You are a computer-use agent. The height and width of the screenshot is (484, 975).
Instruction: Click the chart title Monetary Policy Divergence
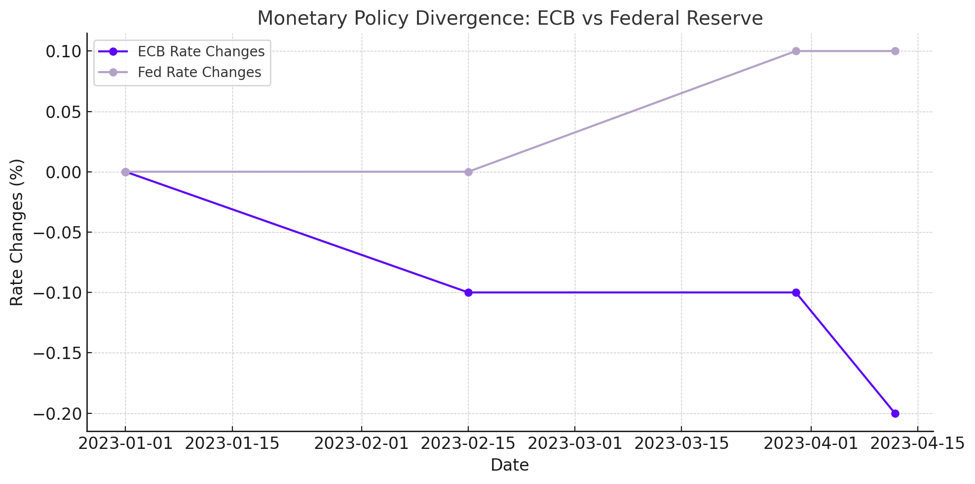pos(510,19)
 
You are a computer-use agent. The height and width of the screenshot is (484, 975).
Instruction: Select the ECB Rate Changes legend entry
pos(201,52)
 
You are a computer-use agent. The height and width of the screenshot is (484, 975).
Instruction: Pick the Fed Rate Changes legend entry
pos(199,73)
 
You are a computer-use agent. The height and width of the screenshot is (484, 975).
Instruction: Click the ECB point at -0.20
pos(895,413)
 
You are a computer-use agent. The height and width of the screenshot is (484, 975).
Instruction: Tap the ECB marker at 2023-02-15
pos(468,292)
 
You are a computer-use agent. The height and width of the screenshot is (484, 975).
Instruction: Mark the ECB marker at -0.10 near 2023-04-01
pos(796,292)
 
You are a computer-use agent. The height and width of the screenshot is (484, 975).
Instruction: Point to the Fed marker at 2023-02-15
pos(468,172)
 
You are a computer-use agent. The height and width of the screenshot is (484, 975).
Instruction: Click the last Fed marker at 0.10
pos(895,51)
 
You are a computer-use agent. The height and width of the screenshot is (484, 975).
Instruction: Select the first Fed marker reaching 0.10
pos(796,51)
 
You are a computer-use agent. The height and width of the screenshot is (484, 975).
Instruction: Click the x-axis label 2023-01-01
pos(125,444)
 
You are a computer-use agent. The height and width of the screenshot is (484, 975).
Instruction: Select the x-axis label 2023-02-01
pos(362,444)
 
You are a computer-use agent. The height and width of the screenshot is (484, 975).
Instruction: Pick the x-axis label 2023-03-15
pos(681,444)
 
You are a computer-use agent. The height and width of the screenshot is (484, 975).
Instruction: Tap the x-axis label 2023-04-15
pos(917,444)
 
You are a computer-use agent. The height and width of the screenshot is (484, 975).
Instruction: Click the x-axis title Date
pos(510,465)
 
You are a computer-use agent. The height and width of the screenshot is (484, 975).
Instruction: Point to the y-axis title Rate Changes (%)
pos(17,232)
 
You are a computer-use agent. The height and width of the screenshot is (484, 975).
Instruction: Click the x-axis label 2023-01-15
pos(232,444)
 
